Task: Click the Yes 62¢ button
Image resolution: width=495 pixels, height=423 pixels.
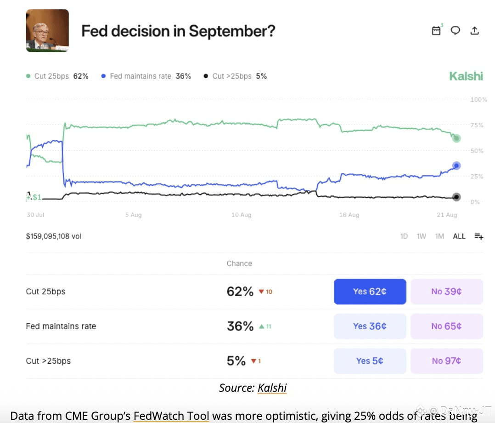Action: pos(370,292)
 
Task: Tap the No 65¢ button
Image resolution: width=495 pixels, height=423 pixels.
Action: pos(446,326)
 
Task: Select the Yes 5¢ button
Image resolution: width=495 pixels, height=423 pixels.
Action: pos(370,361)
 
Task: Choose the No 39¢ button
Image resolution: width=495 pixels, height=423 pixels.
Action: pos(446,292)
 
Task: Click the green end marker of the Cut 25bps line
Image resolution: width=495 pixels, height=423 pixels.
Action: pos(456,138)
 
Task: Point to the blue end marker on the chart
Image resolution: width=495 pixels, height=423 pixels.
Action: pos(456,166)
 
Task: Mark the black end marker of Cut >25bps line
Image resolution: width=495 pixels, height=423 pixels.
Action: pos(456,197)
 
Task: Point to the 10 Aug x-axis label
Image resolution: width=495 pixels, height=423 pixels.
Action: pos(241,215)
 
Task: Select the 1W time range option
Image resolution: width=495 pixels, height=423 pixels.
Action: pos(421,236)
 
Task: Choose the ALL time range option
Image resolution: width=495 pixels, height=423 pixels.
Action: pos(459,236)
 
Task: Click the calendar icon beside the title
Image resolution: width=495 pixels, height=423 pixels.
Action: pos(436,30)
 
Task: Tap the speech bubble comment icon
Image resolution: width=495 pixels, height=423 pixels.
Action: pos(455,30)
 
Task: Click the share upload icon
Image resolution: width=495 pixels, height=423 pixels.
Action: pos(475,30)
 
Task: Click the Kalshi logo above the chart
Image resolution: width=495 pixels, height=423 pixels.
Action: pos(466,76)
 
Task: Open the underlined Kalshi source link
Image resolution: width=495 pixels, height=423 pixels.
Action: pos(272,388)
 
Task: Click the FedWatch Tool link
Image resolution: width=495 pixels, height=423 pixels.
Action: pos(171,416)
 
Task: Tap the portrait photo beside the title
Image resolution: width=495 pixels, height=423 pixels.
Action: pos(47,30)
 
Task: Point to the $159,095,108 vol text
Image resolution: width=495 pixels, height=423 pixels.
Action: pos(54,236)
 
